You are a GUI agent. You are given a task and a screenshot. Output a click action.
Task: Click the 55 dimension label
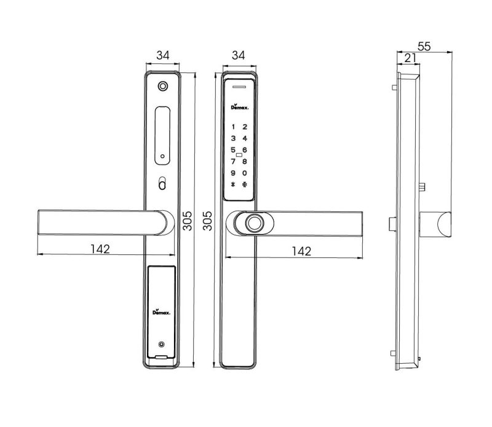click(424, 47)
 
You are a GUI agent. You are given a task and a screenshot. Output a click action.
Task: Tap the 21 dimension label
click(410, 58)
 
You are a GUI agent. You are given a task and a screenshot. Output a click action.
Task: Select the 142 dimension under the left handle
click(100, 249)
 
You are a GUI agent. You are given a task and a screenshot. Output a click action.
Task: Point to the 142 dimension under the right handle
click(301, 251)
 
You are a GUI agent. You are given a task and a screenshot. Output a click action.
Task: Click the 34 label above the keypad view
click(238, 55)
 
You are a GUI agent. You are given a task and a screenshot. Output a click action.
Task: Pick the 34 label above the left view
click(163, 55)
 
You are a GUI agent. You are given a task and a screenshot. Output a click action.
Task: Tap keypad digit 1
click(233, 127)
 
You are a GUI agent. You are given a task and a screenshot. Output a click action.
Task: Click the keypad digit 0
click(245, 173)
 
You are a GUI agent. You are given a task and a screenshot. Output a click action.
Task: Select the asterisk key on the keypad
click(233, 185)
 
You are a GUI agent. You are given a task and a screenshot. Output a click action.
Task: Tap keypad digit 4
click(245, 138)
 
